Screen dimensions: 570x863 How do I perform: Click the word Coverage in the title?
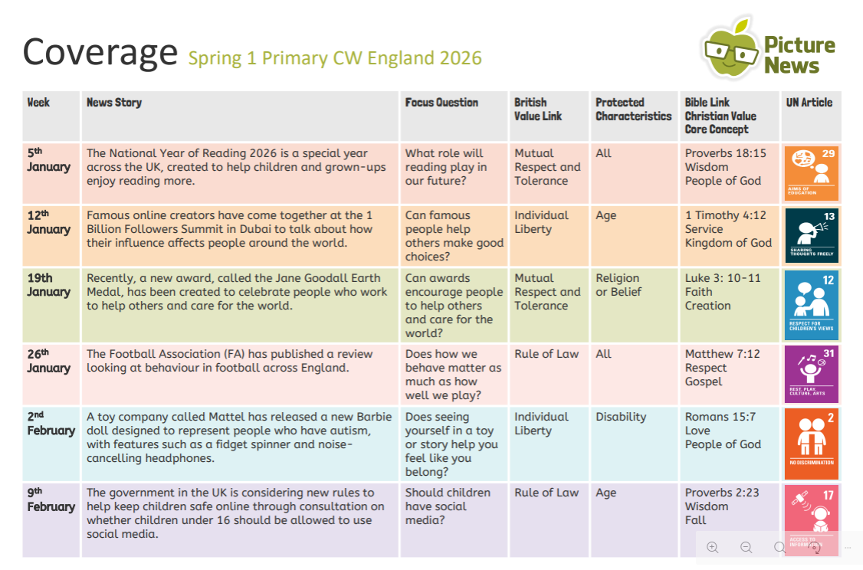[x=100, y=52]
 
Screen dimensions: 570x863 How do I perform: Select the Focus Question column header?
[x=441, y=103]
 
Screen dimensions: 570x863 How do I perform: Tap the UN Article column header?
[x=809, y=103]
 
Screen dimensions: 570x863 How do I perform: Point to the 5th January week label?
[x=48, y=160]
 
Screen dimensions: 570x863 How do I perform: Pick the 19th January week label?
[x=48, y=285]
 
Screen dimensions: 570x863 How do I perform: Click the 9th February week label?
[x=51, y=500]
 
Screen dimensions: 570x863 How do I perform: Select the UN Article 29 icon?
[x=812, y=173]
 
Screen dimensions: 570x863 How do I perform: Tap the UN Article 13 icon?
[x=812, y=235]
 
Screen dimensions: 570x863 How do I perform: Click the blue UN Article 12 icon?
[x=812, y=304]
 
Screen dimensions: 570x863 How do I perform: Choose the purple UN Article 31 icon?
[x=812, y=374]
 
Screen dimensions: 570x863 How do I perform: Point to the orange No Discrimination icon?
[x=812, y=444]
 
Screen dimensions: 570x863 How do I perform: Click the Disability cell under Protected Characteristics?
[x=621, y=418]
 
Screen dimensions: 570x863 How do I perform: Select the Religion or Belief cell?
[x=618, y=285]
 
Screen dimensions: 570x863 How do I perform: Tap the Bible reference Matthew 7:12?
[x=722, y=354]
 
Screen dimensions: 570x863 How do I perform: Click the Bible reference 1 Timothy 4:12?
[x=725, y=216]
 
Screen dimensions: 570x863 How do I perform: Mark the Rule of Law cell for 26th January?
[x=546, y=354]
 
